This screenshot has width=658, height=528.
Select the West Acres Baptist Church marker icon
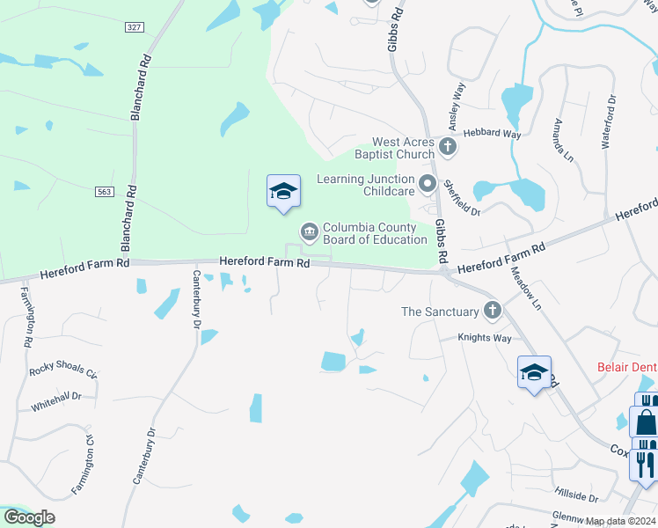[448, 147]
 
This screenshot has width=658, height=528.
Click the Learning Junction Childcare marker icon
[428, 184]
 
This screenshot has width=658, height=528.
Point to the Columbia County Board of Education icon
[309, 232]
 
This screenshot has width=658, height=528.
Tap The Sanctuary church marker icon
[492, 310]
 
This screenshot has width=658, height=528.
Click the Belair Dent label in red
[627, 367]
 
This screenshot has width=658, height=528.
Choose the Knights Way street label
[485, 338]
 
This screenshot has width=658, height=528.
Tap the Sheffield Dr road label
[461, 198]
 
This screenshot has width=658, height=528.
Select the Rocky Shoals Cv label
[62, 370]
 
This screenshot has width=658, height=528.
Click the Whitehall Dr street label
[56, 398]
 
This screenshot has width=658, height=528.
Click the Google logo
[29, 517]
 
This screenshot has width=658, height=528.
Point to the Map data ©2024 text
[622, 520]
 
